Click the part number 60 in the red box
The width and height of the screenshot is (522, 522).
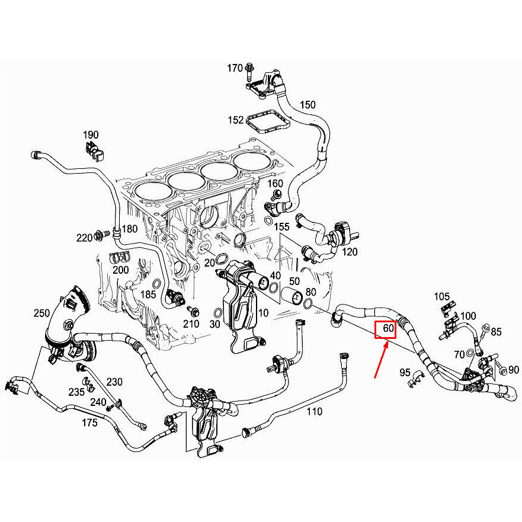388,328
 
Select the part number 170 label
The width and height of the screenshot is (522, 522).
235,68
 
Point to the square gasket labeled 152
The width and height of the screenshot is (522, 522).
268,122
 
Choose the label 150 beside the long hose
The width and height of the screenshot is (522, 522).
308,105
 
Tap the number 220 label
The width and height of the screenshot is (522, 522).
84,238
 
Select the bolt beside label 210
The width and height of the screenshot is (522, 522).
193,311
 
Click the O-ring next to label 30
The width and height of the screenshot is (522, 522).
217,313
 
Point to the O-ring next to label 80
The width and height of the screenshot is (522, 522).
308,303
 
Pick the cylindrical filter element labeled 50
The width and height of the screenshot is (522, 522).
292,295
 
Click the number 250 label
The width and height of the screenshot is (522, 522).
41,313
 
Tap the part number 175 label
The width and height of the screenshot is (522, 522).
89,423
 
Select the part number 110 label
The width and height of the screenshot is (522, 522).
314,411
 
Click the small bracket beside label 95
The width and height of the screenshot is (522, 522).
417,379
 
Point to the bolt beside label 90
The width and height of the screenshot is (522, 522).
501,369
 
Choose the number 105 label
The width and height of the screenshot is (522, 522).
442,296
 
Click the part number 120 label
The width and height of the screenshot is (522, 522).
350,252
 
